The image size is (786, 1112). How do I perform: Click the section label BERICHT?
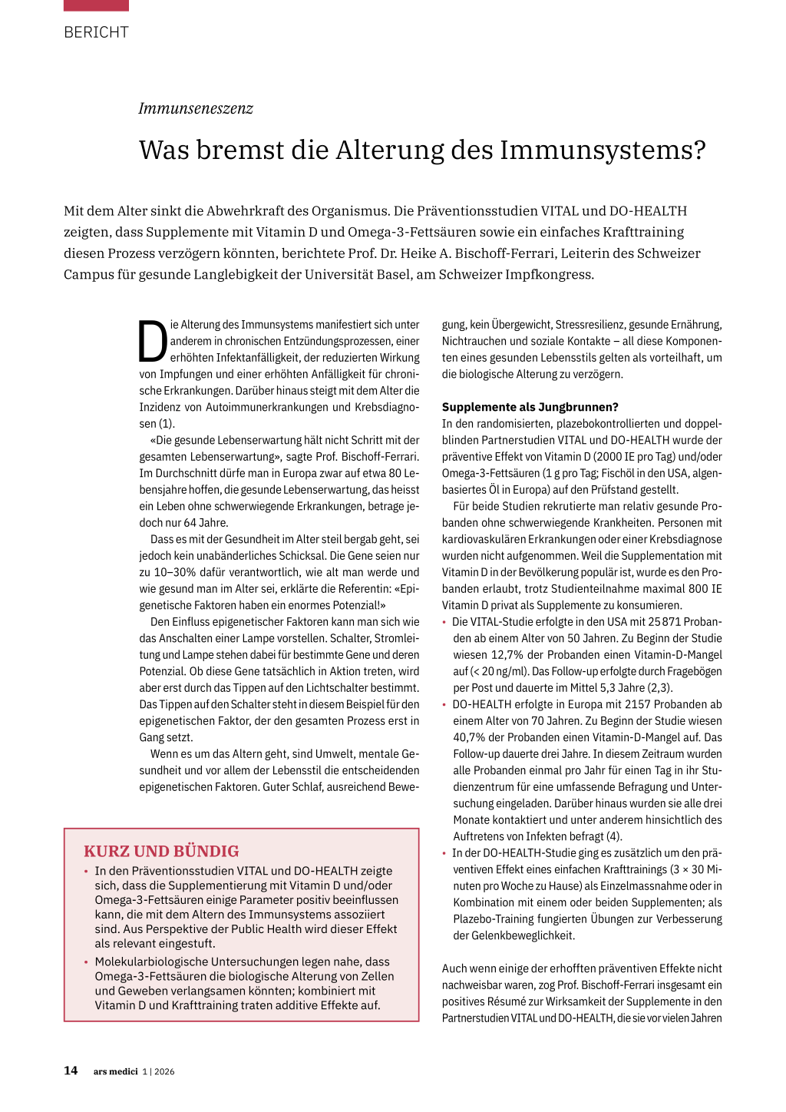click(x=96, y=32)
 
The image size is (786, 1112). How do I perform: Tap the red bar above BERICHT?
click(x=96, y=5)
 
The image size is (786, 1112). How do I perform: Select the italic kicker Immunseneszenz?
click(x=196, y=108)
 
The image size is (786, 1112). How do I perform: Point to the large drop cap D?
click(x=152, y=341)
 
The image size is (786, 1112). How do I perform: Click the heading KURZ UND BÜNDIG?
click(x=161, y=851)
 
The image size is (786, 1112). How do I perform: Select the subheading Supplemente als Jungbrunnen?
click(x=530, y=407)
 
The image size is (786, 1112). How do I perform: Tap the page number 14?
click(x=71, y=1071)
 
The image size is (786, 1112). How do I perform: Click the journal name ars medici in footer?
click(x=115, y=1071)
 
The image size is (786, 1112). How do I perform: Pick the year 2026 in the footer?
click(x=164, y=1071)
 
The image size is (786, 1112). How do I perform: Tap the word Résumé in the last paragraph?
click(x=527, y=1001)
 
